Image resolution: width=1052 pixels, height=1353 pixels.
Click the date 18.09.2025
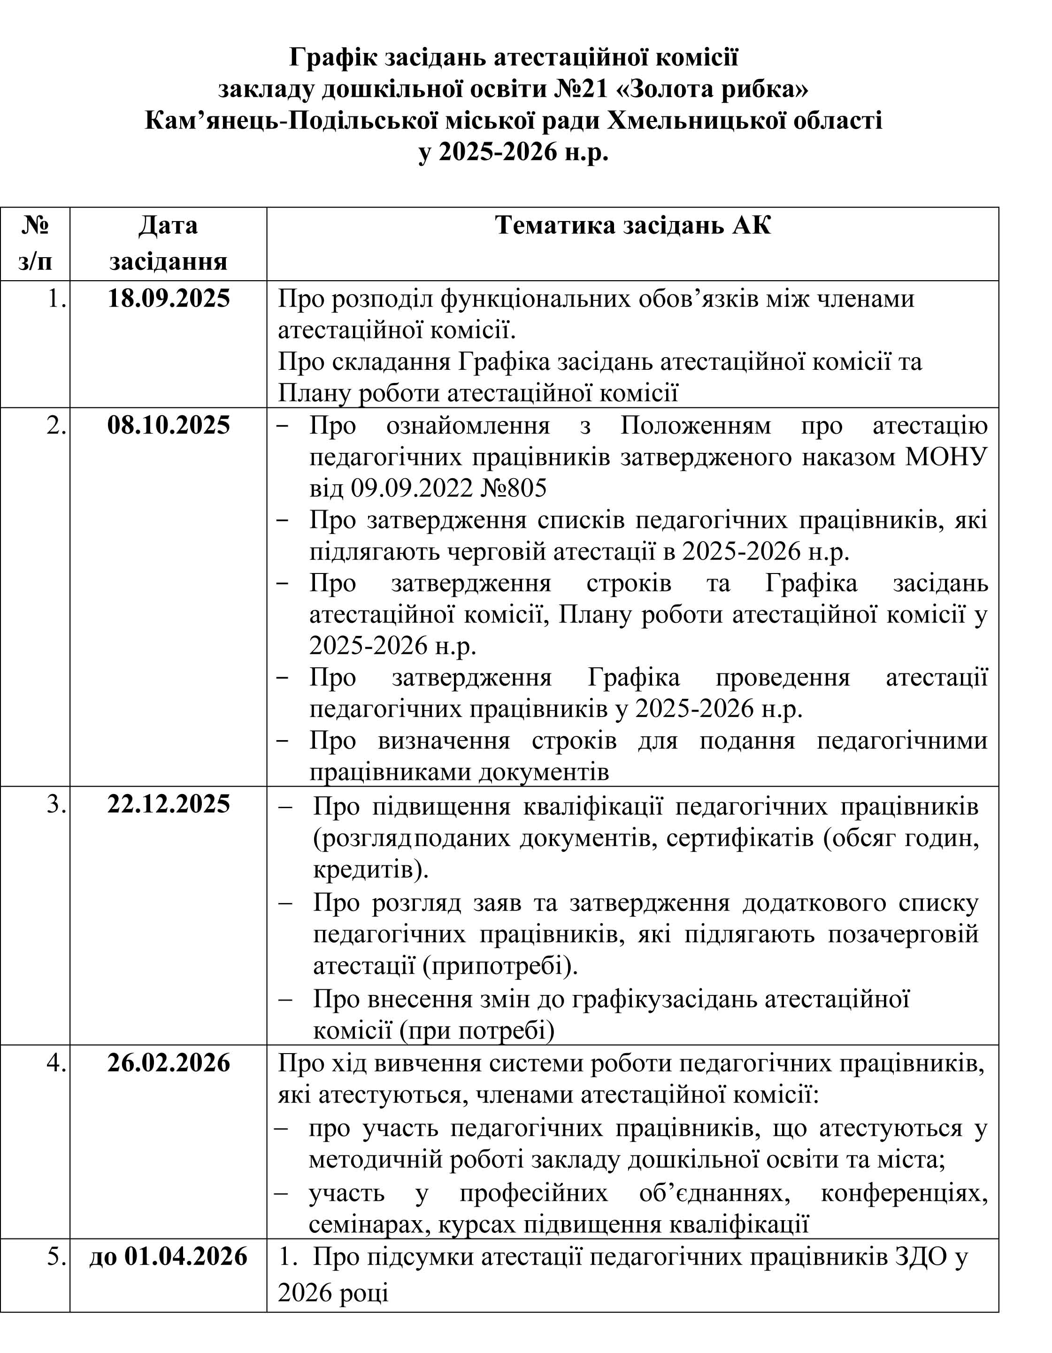point(169,298)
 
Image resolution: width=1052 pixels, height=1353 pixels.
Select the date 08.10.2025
point(169,426)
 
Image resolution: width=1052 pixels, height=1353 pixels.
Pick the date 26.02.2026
point(169,1063)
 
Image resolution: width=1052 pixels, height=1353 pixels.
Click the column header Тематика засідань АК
point(633,225)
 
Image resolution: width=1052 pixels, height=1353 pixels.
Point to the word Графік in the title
point(333,58)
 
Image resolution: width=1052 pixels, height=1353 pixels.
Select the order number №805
point(514,489)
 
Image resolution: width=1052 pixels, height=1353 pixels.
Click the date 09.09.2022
point(413,489)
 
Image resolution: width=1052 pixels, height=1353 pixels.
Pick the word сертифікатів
point(740,838)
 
